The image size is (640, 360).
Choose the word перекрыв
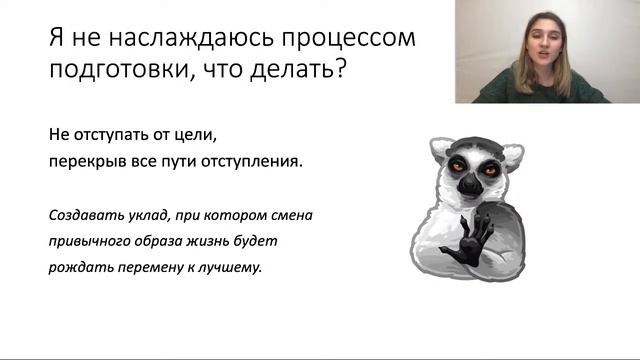[85, 160]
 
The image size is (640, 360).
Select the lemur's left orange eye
[455, 164]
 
